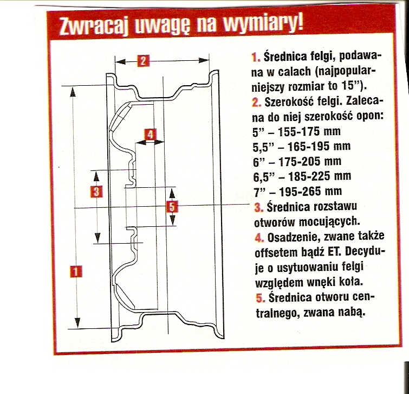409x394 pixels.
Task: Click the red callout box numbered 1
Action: (76, 271)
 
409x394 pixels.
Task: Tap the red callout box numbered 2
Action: (143, 61)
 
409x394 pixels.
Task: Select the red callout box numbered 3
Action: (96, 192)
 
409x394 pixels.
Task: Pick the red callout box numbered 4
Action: (150, 135)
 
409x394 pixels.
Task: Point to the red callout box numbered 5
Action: (172, 207)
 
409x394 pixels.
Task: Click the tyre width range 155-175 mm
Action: (309, 131)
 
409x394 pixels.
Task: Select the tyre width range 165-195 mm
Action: (319, 147)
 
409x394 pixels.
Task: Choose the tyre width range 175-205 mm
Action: (310, 162)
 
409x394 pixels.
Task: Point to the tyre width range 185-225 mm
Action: (320, 176)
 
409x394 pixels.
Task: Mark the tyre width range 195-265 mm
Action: (310, 192)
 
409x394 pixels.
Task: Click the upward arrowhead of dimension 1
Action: (73, 92)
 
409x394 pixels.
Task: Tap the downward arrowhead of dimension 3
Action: (98, 238)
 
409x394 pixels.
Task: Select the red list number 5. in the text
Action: (261, 298)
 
